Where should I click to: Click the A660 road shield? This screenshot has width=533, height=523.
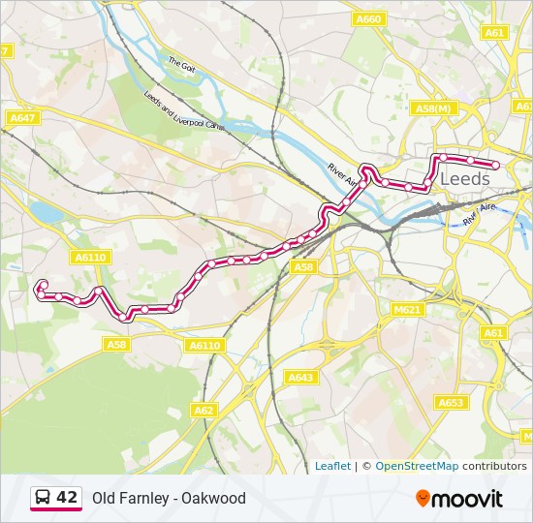pos(368,18)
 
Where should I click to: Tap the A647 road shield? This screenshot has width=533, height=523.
pos(21,117)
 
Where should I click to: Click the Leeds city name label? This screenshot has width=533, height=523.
pos(465,179)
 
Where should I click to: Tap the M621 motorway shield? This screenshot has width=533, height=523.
pos(407,310)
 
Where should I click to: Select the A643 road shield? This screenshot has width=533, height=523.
pos(300,377)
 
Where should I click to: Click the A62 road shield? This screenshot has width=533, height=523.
pos(204,411)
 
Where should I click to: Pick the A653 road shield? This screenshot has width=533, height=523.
pos(451,401)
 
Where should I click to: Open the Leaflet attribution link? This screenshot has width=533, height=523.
pos(332,466)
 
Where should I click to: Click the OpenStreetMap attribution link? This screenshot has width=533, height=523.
pos(417,466)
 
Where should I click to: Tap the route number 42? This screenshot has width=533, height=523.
pos(67,498)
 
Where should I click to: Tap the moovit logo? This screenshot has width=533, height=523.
pos(459,499)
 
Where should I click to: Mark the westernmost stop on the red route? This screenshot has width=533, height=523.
pos(41,286)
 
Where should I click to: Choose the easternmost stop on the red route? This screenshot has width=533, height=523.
pos(495,165)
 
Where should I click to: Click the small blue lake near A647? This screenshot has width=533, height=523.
pos(45,212)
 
